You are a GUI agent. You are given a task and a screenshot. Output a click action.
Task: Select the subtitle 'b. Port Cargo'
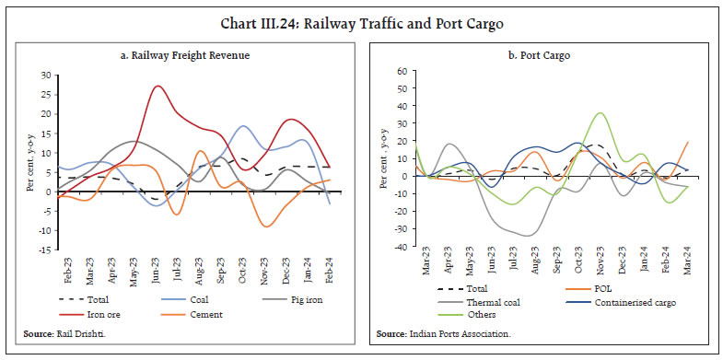click(x=549, y=56)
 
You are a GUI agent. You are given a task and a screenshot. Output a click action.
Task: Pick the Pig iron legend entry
click(x=303, y=297)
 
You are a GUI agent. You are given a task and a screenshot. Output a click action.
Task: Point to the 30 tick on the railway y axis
click(x=43, y=74)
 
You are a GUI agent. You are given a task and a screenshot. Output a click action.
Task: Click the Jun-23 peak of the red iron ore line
click(x=158, y=87)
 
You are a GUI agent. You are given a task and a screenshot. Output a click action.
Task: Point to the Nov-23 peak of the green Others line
click(x=600, y=113)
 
